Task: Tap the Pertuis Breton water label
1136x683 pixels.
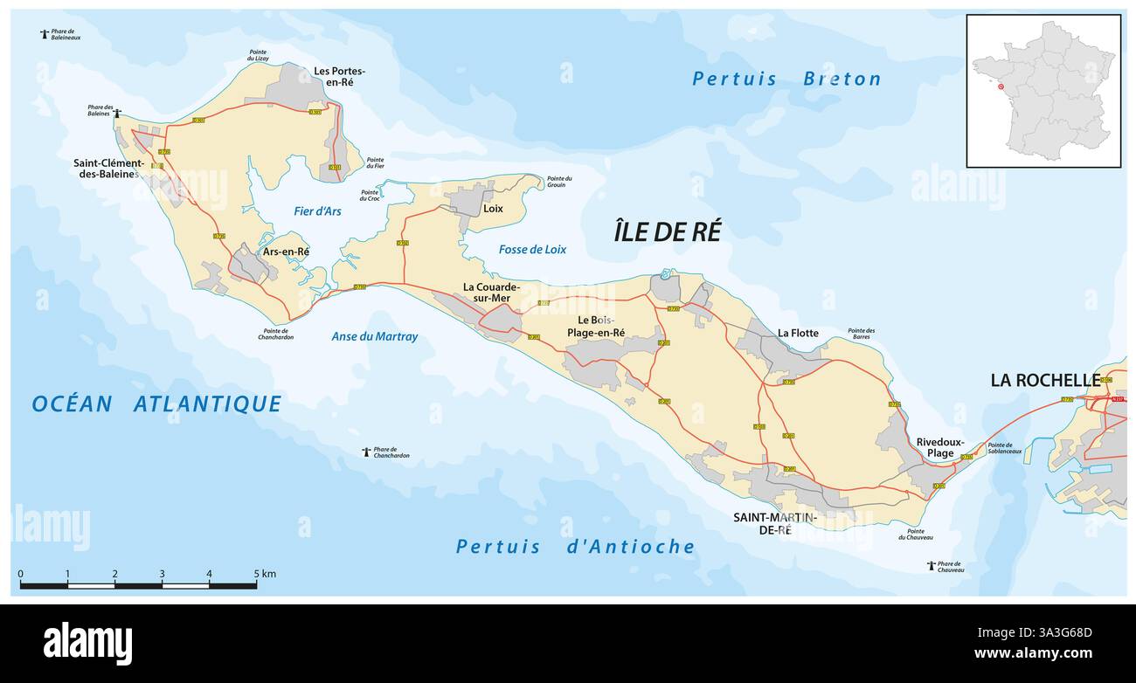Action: tap(786, 79)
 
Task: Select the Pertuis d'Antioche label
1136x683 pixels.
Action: tap(575, 547)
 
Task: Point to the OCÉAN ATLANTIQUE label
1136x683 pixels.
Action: tap(156, 404)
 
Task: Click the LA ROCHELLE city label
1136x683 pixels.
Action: tap(1045, 380)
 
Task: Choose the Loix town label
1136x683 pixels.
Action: tap(493, 209)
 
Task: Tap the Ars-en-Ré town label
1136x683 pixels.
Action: tap(287, 252)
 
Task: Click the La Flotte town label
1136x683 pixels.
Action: tap(798, 333)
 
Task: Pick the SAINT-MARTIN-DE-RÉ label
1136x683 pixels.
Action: tap(774, 523)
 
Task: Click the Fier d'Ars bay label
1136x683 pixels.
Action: tap(318, 210)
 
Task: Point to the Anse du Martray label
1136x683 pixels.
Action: tap(375, 336)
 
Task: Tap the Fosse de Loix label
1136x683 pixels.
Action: tap(532, 250)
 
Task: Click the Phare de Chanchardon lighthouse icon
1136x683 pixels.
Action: tap(366, 452)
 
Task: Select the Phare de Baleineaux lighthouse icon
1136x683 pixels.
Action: tap(45, 34)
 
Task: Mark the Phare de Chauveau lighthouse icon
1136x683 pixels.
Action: tap(931, 566)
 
